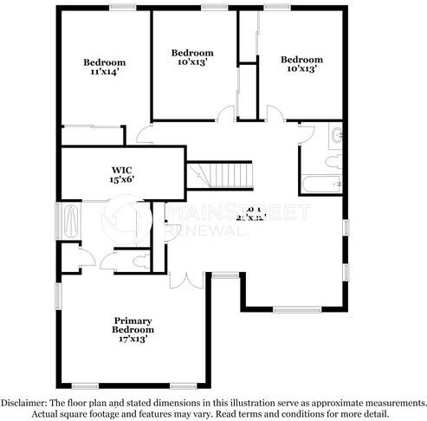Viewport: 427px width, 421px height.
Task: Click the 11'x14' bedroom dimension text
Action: click(x=105, y=73)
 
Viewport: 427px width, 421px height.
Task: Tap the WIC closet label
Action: click(x=121, y=169)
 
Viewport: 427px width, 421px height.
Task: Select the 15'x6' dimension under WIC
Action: click(x=121, y=179)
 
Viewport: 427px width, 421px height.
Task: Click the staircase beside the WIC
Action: click(x=222, y=173)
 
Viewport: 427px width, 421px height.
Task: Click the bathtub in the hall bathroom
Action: click(x=321, y=185)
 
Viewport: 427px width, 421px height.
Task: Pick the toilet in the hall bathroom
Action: click(x=333, y=160)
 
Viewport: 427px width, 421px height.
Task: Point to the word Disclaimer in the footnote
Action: click(x=25, y=403)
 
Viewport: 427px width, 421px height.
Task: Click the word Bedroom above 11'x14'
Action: click(x=105, y=62)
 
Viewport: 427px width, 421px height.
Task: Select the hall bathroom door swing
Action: click(x=307, y=133)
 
